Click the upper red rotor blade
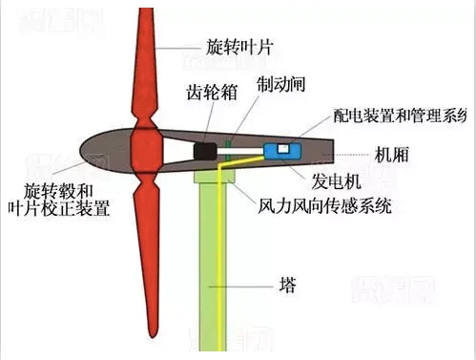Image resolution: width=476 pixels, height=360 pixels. coord(145,67)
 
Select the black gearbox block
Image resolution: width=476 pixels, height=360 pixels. coord(204,150)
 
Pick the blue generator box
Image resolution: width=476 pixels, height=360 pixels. coord(281,150)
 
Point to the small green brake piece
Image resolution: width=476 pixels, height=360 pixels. coord(230,146)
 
